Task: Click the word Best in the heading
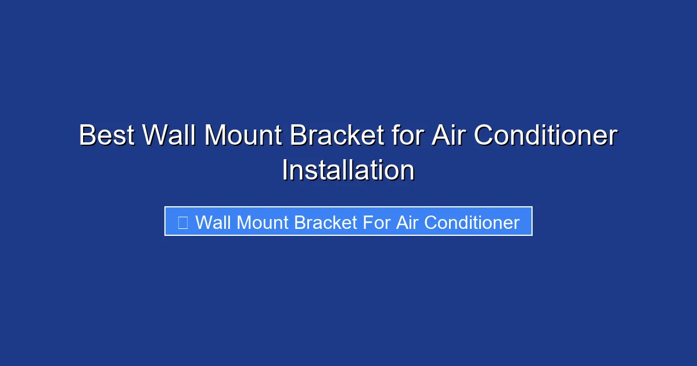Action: (107, 136)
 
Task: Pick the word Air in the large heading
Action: (448, 136)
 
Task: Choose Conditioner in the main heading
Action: (545, 136)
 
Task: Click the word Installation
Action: (348, 171)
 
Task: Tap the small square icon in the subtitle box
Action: (182, 223)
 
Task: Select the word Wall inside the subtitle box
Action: (213, 223)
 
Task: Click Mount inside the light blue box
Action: (263, 223)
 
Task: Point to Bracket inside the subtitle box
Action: (326, 223)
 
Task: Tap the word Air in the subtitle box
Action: (407, 223)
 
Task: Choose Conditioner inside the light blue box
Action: (472, 223)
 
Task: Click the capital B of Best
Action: (86, 136)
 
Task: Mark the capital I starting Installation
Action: (285, 171)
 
